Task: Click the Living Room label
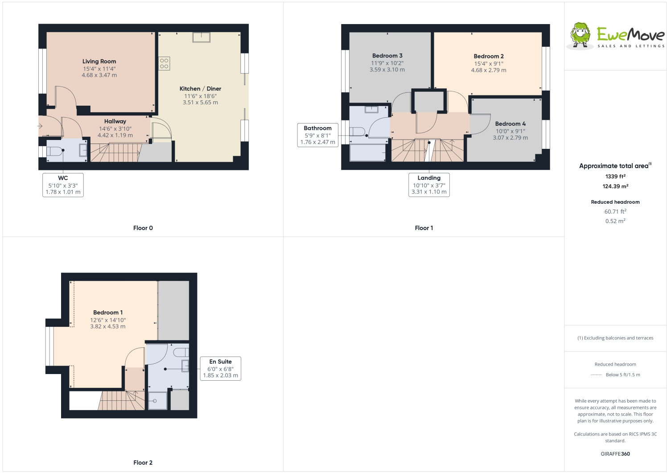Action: [x=99, y=62]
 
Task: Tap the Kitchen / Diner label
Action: [x=200, y=89]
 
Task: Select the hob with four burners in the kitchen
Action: [x=164, y=63]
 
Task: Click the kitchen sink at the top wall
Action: [x=201, y=37]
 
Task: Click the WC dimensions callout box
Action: [x=63, y=185]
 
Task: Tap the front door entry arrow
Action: [x=40, y=126]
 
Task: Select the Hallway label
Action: [x=115, y=121]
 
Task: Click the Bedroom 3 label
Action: [x=387, y=56]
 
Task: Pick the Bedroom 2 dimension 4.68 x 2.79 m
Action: [x=489, y=70]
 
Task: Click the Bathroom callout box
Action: [x=318, y=135]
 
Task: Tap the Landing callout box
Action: [x=429, y=185]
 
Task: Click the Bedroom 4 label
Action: [x=511, y=124]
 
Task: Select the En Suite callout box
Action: [x=221, y=369]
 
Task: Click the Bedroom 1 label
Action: [x=108, y=313]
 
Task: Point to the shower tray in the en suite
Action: [x=158, y=401]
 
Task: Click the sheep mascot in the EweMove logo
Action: [x=580, y=35]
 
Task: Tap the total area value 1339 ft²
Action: [x=615, y=177]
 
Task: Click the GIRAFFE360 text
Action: [x=615, y=454]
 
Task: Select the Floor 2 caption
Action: [x=143, y=463]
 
